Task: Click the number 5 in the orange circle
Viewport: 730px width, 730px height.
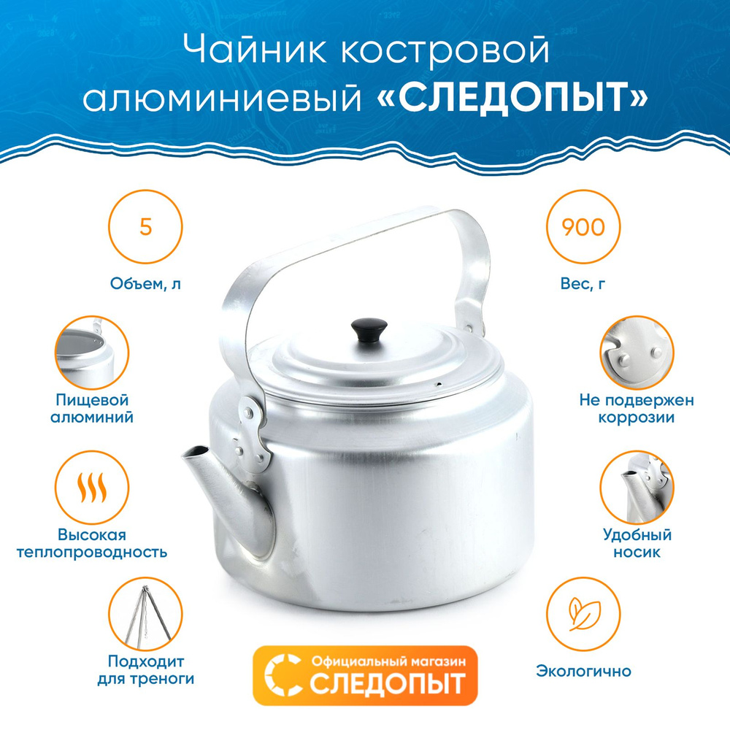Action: (x=146, y=227)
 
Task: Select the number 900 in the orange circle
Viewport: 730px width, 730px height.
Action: (x=583, y=227)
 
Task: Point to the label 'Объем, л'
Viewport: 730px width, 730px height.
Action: (x=146, y=283)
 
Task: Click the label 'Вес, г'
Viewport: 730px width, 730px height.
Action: (x=583, y=283)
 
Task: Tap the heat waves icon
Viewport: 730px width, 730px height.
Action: (x=92, y=488)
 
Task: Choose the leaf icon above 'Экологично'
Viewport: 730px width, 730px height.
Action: (x=583, y=614)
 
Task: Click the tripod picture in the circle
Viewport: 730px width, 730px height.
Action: (x=146, y=614)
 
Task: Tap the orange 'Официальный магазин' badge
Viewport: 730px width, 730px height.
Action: (x=365, y=675)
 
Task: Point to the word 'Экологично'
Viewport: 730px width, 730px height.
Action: (x=583, y=671)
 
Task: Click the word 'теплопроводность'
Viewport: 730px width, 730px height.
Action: (x=92, y=552)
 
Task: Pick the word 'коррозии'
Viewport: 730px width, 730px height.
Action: (x=637, y=417)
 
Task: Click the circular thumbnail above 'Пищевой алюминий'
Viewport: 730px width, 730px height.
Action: (x=92, y=353)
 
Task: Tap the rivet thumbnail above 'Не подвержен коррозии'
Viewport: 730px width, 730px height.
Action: (x=637, y=353)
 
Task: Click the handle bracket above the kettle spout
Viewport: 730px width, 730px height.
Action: (x=252, y=432)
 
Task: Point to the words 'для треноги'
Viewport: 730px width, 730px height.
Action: (x=146, y=679)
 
